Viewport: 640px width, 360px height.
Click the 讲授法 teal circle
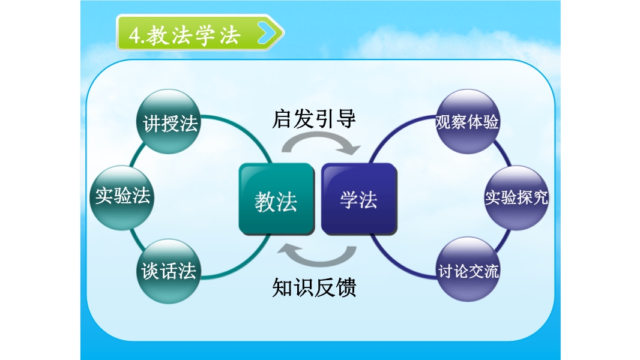click(169, 121)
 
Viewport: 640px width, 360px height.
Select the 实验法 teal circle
click(122, 198)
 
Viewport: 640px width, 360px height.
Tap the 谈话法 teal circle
click(169, 271)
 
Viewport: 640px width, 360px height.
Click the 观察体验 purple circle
click(467, 121)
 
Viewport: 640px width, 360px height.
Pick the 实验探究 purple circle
click(516, 198)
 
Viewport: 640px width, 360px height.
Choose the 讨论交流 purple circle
click(468, 269)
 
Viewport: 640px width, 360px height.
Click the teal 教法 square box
click(276, 199)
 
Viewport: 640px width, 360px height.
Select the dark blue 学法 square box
click(359, 199)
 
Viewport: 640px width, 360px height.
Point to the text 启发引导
click(314, 119)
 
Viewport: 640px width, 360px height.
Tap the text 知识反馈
click(314, 287)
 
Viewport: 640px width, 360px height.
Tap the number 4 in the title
click(134, 35)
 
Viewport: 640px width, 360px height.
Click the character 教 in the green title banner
click(157, 35)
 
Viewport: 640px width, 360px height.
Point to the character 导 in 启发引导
click(346, 119)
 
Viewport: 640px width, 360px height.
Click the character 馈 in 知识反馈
click(346, 287)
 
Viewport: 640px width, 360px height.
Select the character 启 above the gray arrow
click(282, 119)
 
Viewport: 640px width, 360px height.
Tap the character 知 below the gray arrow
click(282, 287)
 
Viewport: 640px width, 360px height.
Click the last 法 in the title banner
click(230, 35)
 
